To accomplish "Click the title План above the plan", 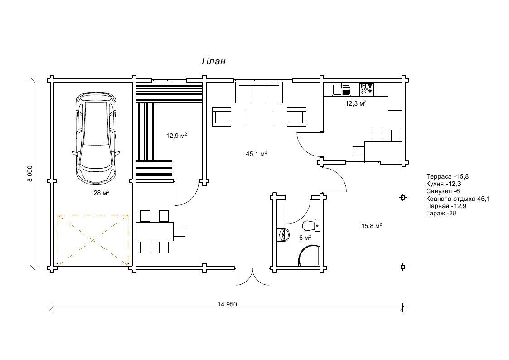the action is coord(213,61).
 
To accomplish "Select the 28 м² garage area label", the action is coord(101,193).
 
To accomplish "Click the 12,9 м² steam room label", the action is coord(177,136).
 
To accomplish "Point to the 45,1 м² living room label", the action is coord(257,154).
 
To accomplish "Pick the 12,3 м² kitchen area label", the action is coord(356,103).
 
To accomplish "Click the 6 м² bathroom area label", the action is coord(305,238).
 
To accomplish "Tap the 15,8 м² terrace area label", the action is coord(371,226).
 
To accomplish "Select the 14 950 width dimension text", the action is coord(227,304).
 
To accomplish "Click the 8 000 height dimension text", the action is coord(30,174).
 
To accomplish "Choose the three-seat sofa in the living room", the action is coord(259,92).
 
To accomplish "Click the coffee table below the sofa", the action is coord(259,117).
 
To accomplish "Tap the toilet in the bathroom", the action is coord(311,225).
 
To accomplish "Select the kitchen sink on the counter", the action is coord(341,89).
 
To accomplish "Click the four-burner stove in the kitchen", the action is coord(367,89).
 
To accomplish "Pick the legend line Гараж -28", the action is coord(441,213).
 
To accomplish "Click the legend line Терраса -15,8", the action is coord(447,176).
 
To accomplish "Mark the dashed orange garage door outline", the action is coord(93,241).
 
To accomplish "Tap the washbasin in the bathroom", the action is coord(283,234).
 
